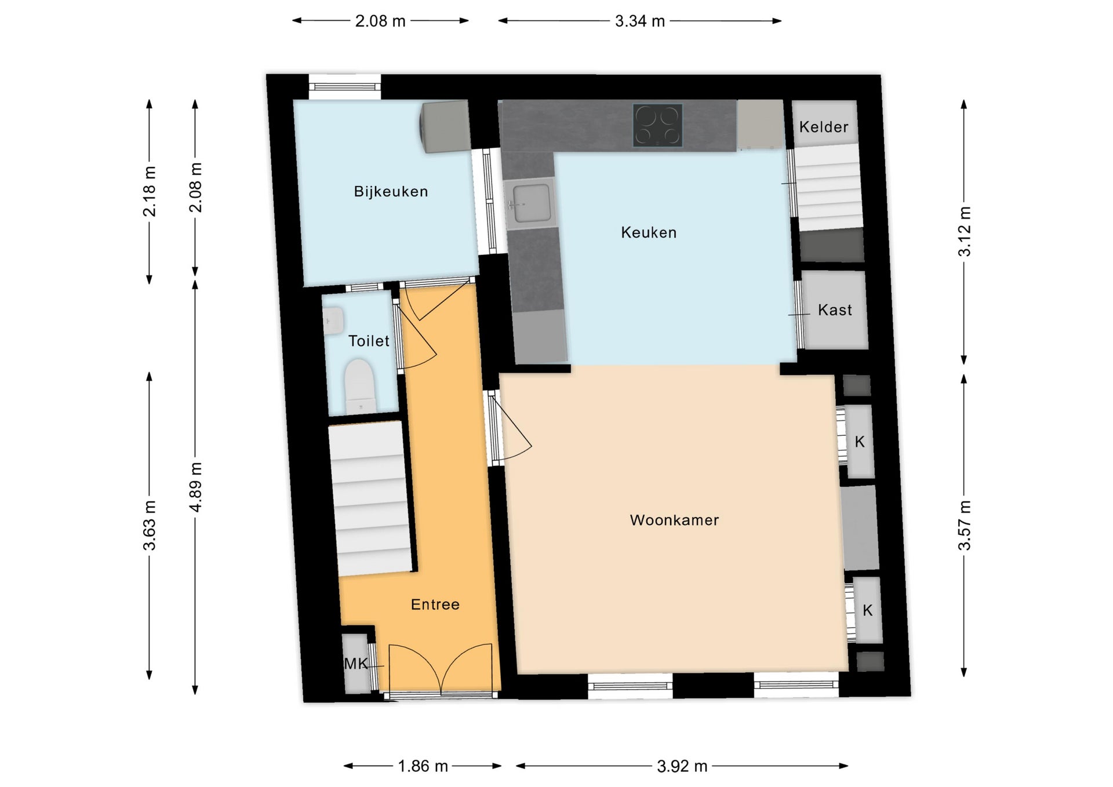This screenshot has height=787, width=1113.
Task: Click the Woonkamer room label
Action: (x=674, y=520)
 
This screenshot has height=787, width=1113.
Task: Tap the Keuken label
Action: (x=649, y=232)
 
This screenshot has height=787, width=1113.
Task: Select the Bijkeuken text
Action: (x=391, y=191)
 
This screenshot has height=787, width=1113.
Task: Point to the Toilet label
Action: (x=369, y=341)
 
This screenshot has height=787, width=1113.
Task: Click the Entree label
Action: (x=435, y=604)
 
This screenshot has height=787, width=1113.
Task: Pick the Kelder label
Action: (x=824, y=127)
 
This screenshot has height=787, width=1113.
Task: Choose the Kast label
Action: (x=835, y=310)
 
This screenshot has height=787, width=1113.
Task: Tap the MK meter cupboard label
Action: (x=356, y=664)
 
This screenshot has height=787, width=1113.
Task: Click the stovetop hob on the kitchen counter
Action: (x=657, y=125)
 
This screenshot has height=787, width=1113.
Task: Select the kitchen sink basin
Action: (x=531, y=203)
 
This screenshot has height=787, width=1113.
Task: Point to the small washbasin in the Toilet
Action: (x=333, y=320)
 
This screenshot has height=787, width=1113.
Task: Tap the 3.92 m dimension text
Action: (x=682, y=766)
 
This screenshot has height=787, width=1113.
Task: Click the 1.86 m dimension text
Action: (x=423, y=766)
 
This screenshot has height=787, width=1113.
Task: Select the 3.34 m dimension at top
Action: (x=640, y=21)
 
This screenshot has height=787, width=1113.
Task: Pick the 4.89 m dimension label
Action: (x=196, y=487)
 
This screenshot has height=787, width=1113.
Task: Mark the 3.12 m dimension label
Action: (x=964, y=231)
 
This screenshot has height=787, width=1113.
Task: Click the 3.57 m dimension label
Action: (x=964, y=526)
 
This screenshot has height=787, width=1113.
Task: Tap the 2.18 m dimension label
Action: (x=150, y=191)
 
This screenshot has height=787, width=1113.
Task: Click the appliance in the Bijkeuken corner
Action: (x=445, y=127)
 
